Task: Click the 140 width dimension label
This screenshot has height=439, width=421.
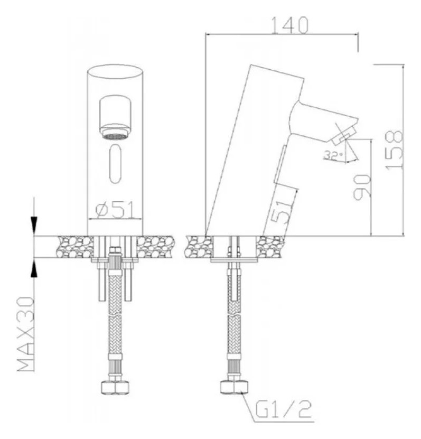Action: (290, 25)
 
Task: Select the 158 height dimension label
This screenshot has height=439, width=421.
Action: (394, 150)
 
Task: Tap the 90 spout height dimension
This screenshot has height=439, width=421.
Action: (362, 187)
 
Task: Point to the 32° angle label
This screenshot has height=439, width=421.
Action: (333, 155)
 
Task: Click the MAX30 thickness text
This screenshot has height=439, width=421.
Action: (26, 334)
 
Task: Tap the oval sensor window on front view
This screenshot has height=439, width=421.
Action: (115, 164)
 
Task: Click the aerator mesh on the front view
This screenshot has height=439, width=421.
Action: (115, 137)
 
